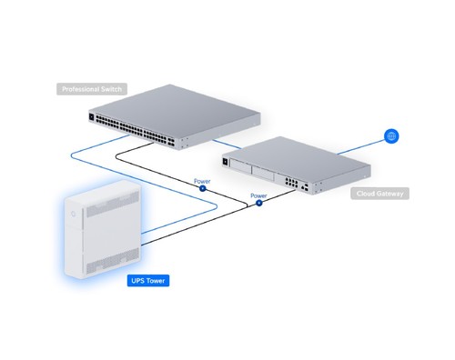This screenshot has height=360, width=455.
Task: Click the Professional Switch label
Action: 92,89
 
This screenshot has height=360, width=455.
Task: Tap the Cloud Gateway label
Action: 379,194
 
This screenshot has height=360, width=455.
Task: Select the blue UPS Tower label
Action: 148,281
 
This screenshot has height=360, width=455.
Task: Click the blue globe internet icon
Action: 391,136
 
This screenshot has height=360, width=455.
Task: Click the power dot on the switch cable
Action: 203,188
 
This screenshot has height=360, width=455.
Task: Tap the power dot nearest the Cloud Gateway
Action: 258,203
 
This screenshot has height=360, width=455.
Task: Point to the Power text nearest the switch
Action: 202,181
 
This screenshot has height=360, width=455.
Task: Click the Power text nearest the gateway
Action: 258,195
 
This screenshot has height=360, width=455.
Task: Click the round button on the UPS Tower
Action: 73,214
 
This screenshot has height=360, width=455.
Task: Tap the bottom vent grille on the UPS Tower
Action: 113,261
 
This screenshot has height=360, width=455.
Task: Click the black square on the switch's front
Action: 92,116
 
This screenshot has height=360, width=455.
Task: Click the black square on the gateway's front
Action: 226,162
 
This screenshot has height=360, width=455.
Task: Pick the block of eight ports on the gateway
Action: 291,182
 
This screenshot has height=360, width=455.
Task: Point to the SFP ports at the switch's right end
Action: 171,142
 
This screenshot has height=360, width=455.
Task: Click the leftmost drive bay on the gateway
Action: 240,166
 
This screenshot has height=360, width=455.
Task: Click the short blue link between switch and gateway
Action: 227,144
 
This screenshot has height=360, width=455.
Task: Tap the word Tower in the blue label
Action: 156,281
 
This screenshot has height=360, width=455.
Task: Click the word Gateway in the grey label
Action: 389,194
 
